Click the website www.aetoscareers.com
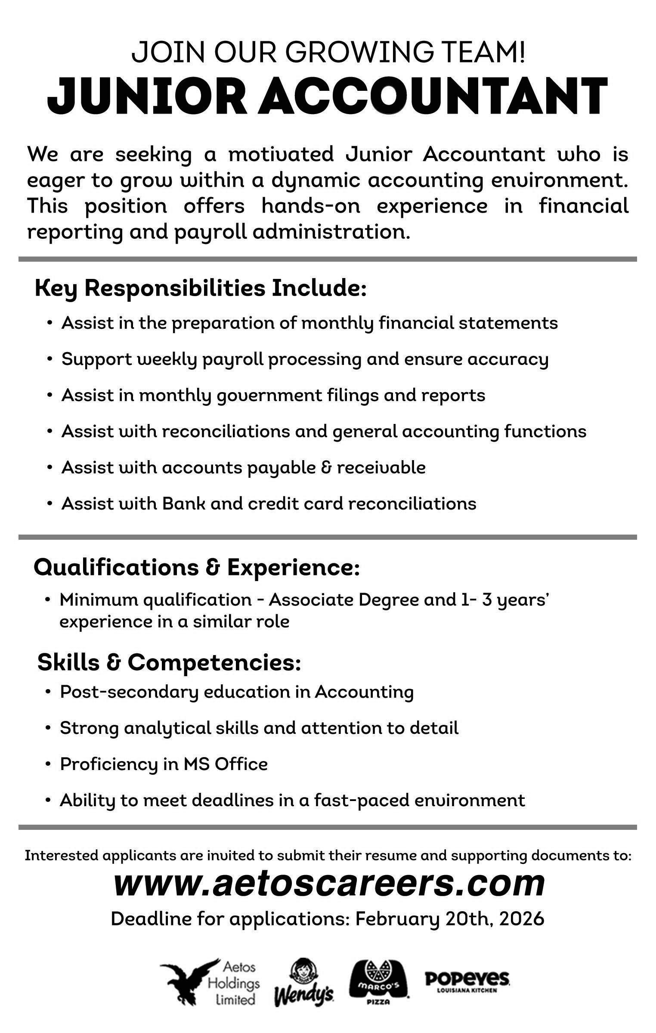coord(329,884)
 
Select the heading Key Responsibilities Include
coord(200,288)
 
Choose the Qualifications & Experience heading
coord(196,567)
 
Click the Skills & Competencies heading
coord(169,662)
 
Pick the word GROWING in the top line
coord(360,52)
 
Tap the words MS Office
coord(226,764)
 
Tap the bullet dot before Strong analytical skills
coord(49,728)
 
